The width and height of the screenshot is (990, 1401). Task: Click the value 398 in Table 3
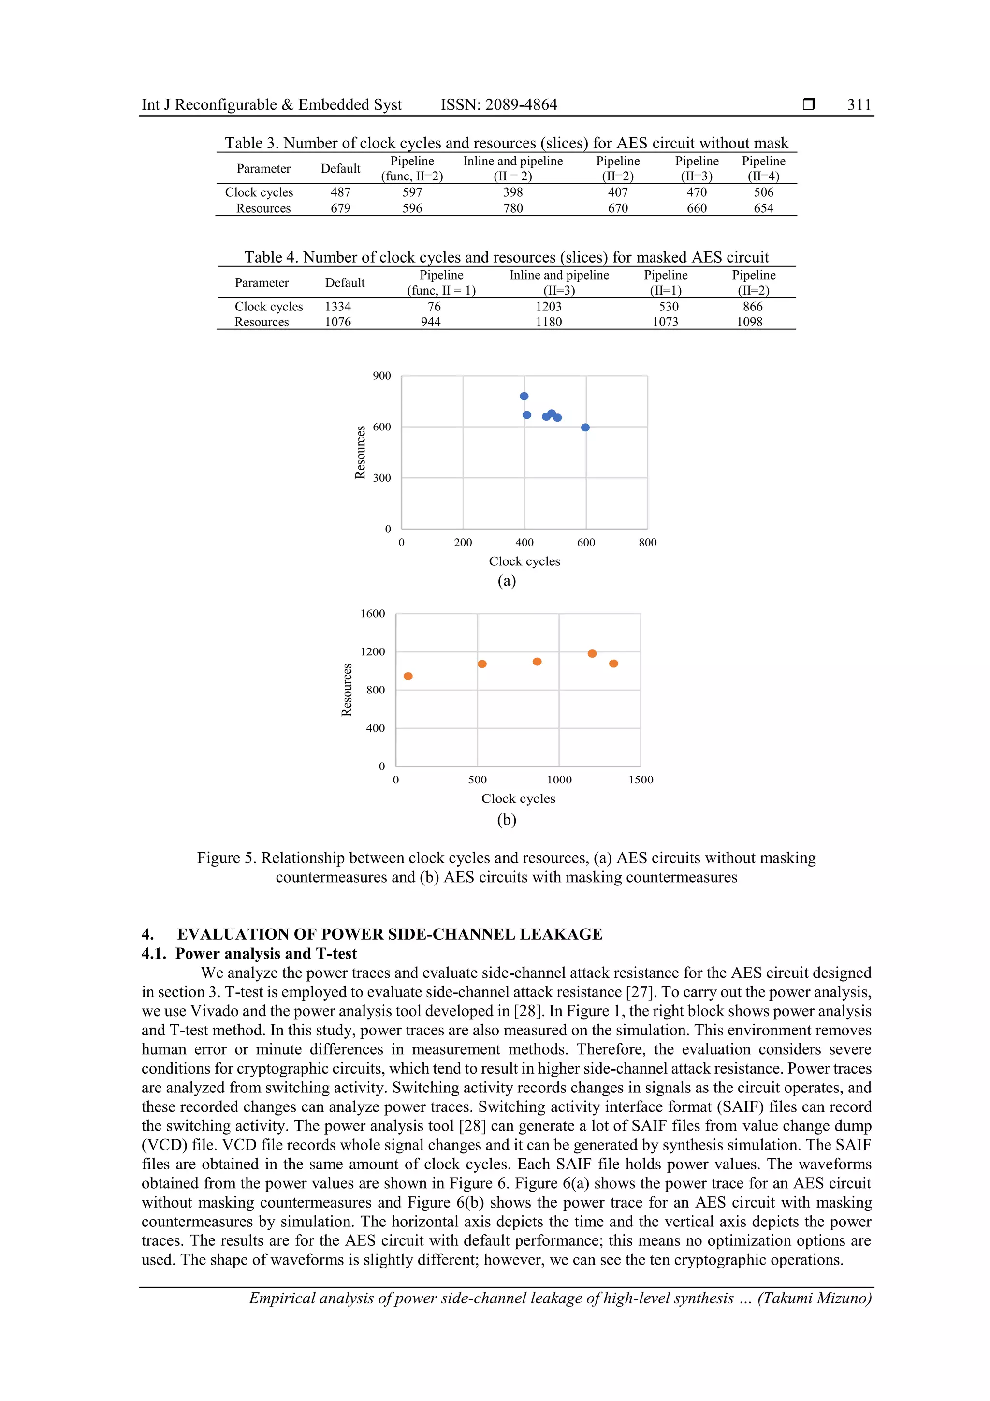[512, 192]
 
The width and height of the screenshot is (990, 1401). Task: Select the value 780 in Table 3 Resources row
[512, 208]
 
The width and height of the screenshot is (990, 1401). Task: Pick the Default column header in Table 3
[340, 168]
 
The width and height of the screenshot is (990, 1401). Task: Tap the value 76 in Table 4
[434, 306]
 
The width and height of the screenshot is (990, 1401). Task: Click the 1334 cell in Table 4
[337, 306]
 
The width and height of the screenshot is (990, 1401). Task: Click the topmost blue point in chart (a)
[524, 396]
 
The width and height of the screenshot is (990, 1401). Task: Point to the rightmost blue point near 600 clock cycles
[585, 427]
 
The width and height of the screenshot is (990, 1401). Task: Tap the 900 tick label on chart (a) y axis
[382, 376]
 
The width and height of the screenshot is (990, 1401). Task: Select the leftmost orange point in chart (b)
[408, 676]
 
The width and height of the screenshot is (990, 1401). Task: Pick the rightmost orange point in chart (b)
[613, 664]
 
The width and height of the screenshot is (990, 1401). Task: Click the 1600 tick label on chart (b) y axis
[372, 614]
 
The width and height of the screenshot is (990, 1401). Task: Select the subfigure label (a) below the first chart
[506, 580]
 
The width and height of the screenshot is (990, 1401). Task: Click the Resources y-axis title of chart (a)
[361, 452]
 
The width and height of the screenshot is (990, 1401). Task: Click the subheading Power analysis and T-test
[266, 954]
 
